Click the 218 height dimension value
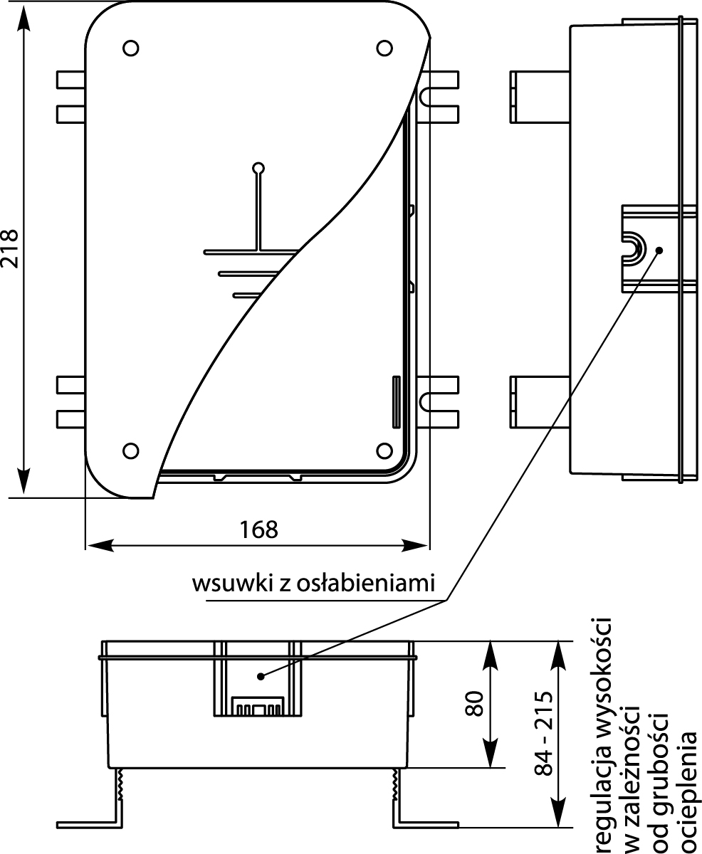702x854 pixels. pyautogui.click(x=11, y=248)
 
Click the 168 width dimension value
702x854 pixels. pyautogui.click(x=258, y=530)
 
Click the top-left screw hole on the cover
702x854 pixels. pyautogui.click(x=130, y=48)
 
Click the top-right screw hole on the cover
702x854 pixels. pyautogui.click(x=384, y=48)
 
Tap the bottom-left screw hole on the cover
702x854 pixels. pyautogui.click(x=130, y=450)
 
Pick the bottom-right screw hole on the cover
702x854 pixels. pyautogui.click(x=384, y=450)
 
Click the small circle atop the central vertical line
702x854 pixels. pyautogui.click(x=259, y=169)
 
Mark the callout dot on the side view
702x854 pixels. pyautogui.click(x=659, y=251)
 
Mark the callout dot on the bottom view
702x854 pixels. pyautogui.click(x=262, y=675)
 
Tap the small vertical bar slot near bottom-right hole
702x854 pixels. pyautogui.click(x=395, y=403)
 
